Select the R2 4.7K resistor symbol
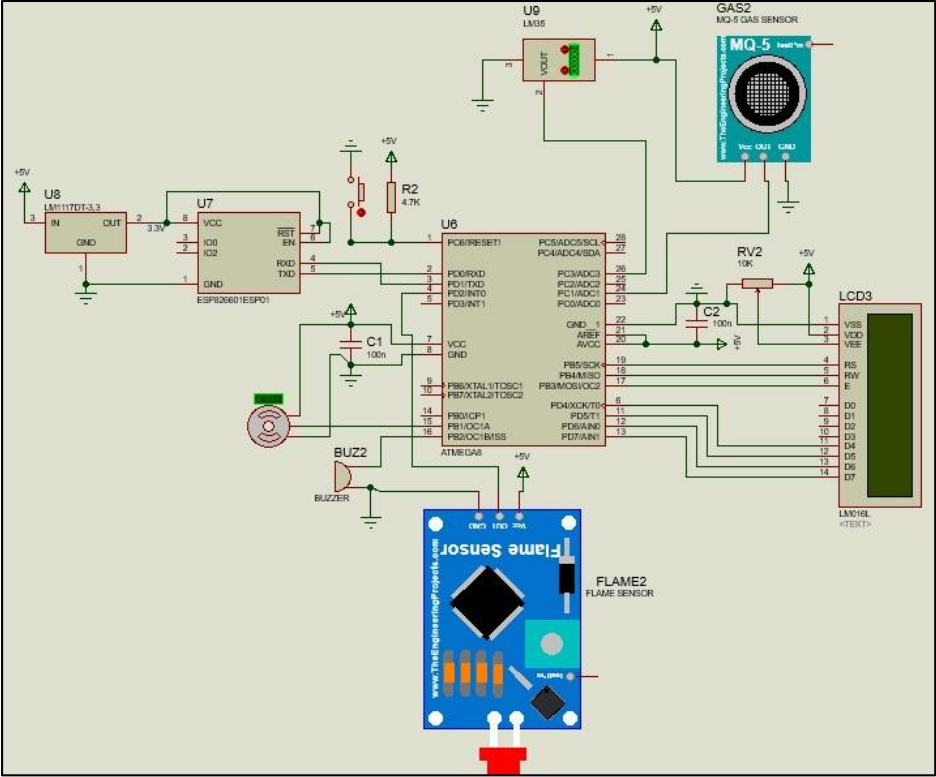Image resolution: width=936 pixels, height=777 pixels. [389, 195]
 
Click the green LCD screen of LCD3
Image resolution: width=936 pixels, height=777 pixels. [889, 405]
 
